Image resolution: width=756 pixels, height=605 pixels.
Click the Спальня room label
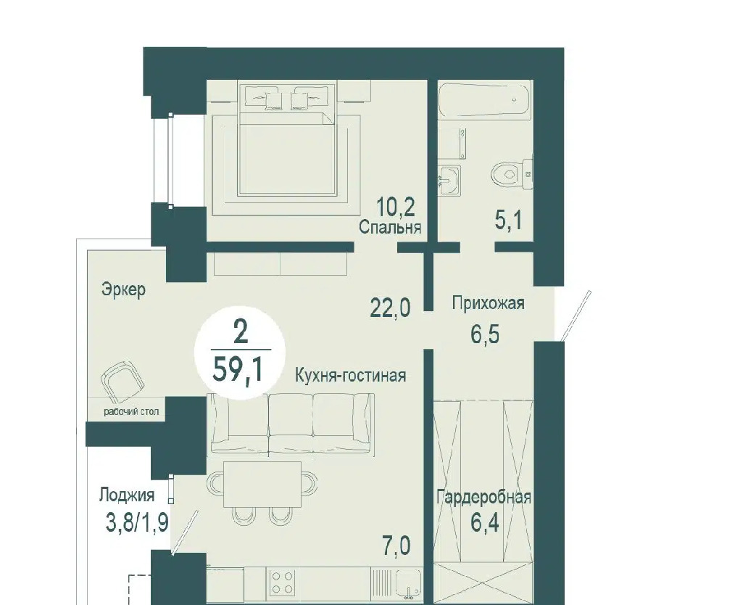[390, 227]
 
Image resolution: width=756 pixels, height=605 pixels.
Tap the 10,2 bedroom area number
[395, 207]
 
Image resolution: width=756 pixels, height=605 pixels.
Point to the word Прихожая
[488, 303]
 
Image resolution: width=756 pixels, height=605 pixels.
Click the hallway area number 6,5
[485, 334]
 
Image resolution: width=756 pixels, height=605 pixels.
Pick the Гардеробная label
[483, 497]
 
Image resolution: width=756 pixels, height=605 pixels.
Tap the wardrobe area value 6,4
[485, 522]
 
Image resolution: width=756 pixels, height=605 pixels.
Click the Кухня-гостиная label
[351, 375]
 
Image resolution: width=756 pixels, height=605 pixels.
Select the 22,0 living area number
[390, 308]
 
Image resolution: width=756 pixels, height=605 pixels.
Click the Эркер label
[123, 290]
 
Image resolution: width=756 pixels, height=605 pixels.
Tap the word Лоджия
[127, 495]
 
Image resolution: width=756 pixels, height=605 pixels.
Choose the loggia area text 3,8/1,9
[137, 522]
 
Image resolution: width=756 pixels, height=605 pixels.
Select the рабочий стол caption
[131, 412]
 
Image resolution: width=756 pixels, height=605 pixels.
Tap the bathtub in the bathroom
[485, 99]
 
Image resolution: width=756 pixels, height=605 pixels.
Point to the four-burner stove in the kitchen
[282, 583]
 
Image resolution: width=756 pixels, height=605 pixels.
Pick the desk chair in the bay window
[122, 384]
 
